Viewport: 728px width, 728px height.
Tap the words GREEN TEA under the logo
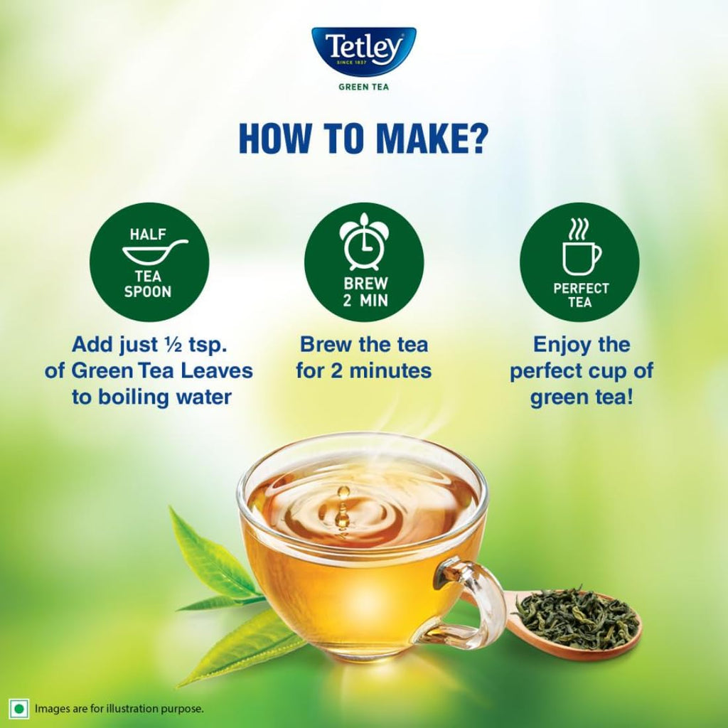click(363, 87)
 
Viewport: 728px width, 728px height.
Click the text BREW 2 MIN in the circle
click(363, 291)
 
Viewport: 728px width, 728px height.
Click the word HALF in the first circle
click(149, 233)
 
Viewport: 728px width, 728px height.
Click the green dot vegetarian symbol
click(18, 708)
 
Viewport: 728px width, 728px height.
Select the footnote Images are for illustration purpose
click(119, 708)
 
